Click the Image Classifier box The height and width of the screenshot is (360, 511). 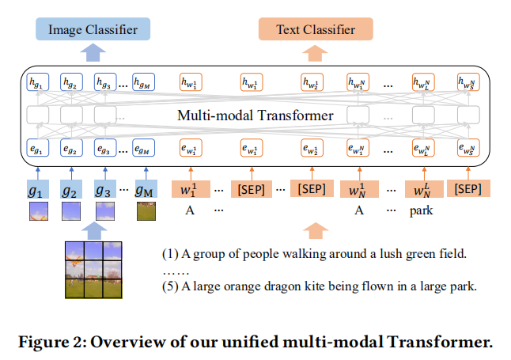(x=93, y=30)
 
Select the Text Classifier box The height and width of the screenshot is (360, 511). (x=316, y=30)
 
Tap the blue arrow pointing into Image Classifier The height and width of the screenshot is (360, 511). (x=93, y=52)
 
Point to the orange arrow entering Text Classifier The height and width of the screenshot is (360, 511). (x=316, y=52)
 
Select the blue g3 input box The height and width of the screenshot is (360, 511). (x=104, y=190)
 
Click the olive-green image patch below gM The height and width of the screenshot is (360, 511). (x=147, y=211)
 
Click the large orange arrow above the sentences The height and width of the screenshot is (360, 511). (x=316, y=231)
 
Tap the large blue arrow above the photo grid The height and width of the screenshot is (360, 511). (x=93, y=229)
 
